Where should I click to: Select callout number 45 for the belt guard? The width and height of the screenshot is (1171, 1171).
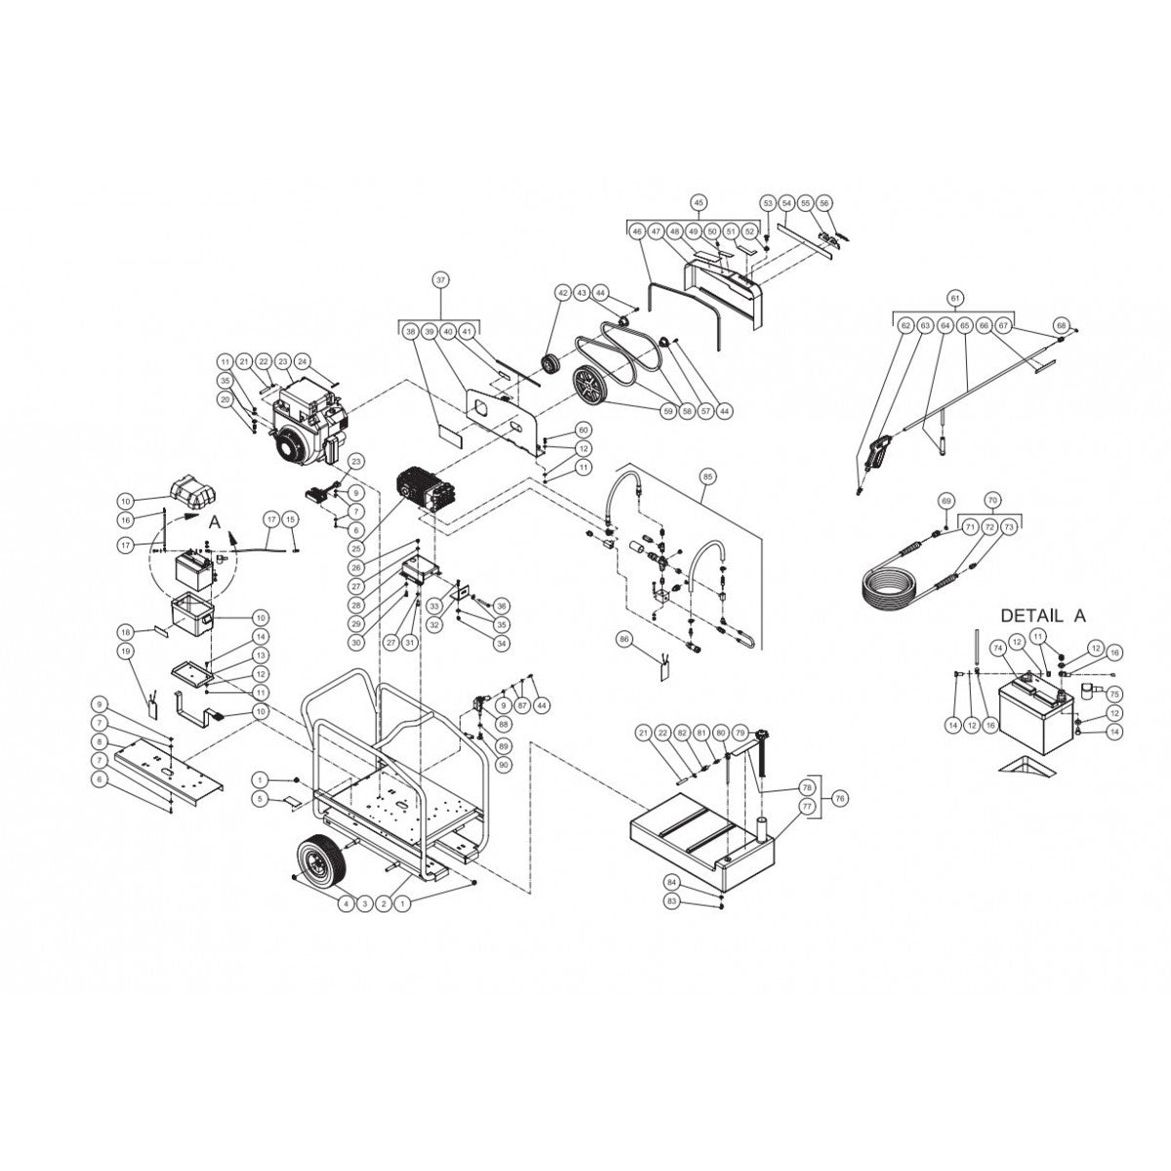tap(698, 202)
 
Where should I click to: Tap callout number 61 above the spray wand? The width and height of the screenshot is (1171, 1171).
tap(955, 297)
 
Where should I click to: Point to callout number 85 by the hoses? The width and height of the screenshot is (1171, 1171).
tap(707, 477)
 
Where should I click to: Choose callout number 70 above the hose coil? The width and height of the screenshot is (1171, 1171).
tap(992, 500)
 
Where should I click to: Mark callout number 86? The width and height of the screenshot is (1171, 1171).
tap(625, 638)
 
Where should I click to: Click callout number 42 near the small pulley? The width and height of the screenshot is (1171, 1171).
tap(562, 293)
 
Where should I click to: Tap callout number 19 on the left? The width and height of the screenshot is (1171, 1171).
tap(125, 651)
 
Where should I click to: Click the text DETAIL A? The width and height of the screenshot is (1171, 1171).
tap(1042, 616)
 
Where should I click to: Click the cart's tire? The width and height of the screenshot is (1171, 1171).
tap(321, 863)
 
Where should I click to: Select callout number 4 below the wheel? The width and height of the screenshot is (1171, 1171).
tap(344, 905)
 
